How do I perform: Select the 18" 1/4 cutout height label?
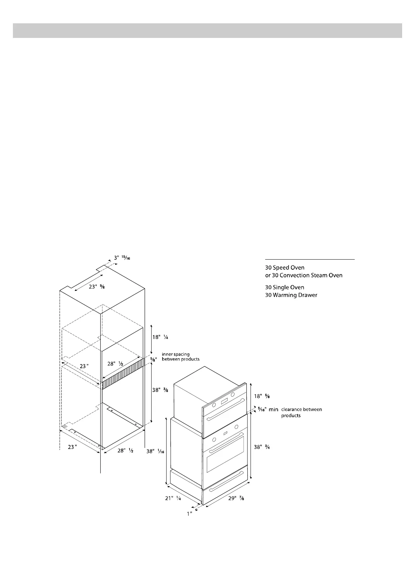pos(160,337)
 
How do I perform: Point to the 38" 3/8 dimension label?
pos(160,390)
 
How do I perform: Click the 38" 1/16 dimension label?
pos(155,451)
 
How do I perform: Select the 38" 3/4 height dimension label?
pos(262,447)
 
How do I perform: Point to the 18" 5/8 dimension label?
pos(262,396)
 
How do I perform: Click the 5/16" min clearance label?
pos(268,410)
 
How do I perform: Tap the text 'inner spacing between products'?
pos(180,357)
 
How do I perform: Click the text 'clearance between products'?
pos(301,412)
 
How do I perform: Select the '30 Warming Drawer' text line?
pos(291,295)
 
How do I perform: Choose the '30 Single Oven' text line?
pos(284,287)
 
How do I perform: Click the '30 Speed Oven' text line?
pos(285,268)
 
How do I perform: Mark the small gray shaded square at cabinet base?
pos(64,426)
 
